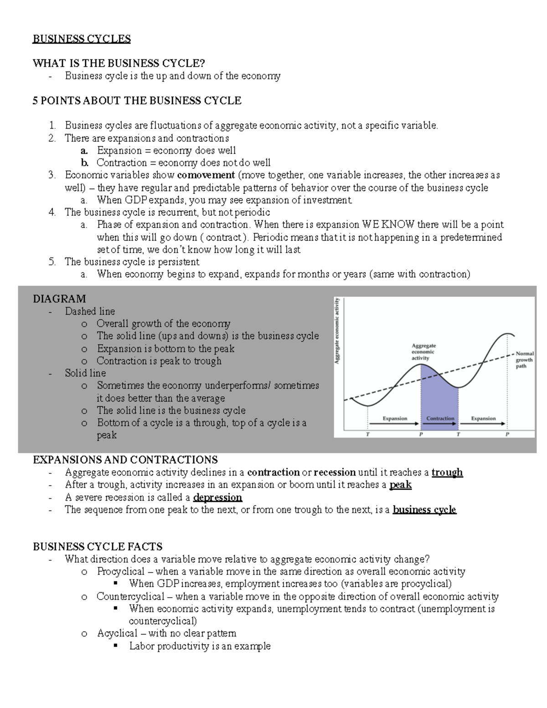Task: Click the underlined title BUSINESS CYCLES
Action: [x=82, y=39]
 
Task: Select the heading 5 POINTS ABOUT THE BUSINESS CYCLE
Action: [x=137, y=101]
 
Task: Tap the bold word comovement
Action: [x=206, y=175]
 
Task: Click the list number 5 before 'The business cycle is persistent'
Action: [x=52, y=262]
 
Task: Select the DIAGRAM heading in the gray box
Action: [x=59, y=299]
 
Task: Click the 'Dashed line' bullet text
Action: [x=90, y=311]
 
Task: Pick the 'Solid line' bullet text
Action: [x=85, y=373]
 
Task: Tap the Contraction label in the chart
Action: [x=440, y=418]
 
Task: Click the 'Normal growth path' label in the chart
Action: [x=524, y=360]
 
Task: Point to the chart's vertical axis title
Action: [x=338, y=331]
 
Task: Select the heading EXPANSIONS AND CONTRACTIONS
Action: [x=125, y=460]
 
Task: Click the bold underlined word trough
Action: [x=447, y=472]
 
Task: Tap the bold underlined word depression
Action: [x=217, y=497]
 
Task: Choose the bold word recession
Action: [x=335, y=472]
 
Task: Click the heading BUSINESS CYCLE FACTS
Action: [x=98, y=547]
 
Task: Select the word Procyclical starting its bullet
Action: [x=120, y=572]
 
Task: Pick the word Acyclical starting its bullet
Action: [x=117, y=633]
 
